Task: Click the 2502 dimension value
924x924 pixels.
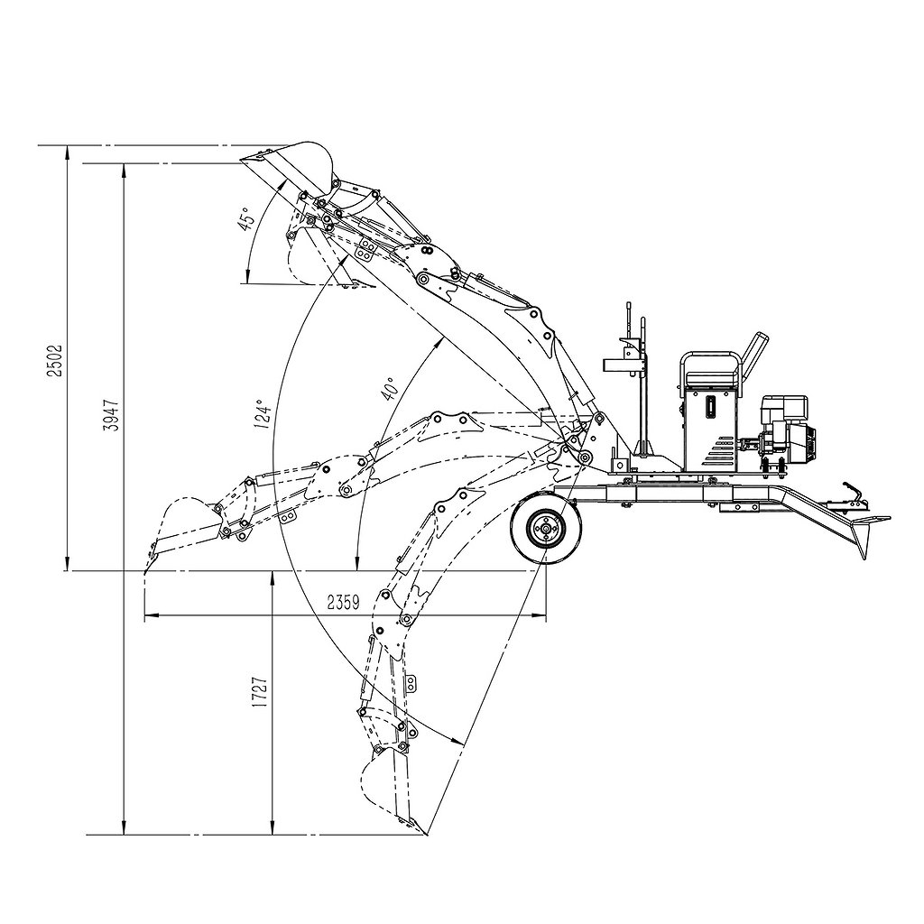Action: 55,360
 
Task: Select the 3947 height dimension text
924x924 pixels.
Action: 111,415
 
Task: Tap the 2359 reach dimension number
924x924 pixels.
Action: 344,602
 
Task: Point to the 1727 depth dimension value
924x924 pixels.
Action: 260,692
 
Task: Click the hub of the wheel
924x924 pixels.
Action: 546,530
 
